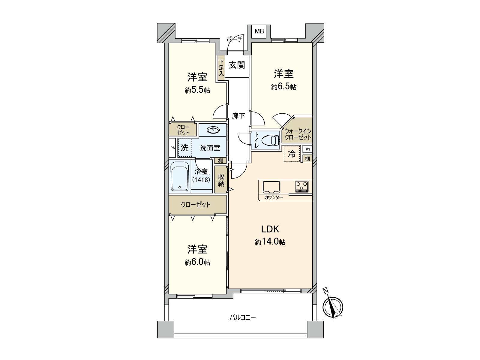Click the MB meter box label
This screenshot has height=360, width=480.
[x=259, y=31]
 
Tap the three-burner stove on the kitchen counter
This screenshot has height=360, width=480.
[x=302, y=187]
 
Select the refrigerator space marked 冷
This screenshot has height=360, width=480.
[x=292, y=154]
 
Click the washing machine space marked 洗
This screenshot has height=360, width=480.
[x=185, y=148]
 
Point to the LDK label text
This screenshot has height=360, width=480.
[x=270, y=229]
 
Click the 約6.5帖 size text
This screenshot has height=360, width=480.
[x=284, y=87]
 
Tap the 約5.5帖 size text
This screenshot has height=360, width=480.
[x=197, y=90]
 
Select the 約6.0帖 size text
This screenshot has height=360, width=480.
[x=197, y=262]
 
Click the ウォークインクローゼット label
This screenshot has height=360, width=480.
[x=298, y=134]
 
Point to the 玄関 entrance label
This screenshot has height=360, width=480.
[x=237, y=65]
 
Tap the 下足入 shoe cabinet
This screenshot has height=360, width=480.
[x=221, y=68]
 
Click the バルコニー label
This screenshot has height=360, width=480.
[x=242, y=317]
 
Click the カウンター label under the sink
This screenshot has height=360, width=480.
[x=273, y=197]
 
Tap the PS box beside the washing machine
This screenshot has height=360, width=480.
[x=172, y=148]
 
